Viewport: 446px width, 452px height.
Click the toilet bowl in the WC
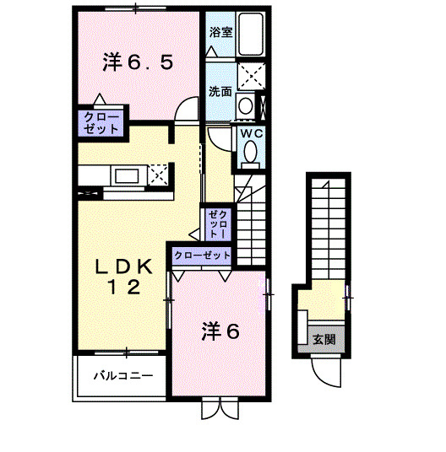pyautogui.click(x=250, y=152)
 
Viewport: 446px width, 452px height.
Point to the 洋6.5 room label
pyautogui.click(x=139, y=61)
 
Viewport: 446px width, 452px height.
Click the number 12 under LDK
pyautogui.click(x=122, y=288)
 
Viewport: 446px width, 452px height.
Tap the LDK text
pyautogui.click(x=123, y=266)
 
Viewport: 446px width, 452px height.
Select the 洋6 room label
pyautogui.click(x=220, y=331)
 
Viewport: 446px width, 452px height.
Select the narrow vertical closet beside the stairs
pyautogui.click(x=217, y=223)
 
